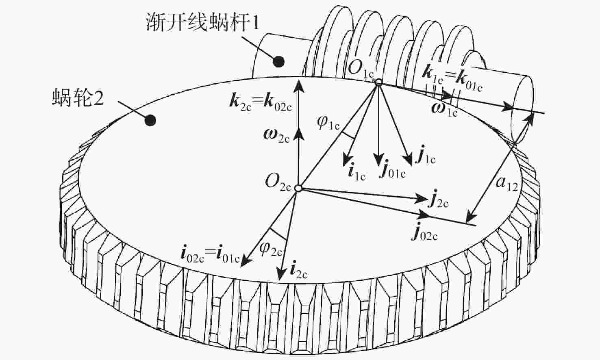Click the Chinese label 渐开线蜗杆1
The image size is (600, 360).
tap(203, 22)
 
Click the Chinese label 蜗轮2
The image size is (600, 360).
tap(78, 98)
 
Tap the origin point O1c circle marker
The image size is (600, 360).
tap(378, 82)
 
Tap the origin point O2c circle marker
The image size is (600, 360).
tap(298, 188)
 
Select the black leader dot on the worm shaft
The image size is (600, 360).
tap(278, 62)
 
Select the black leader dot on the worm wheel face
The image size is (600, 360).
tap(150, 120)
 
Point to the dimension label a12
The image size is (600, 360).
tap(506, 184)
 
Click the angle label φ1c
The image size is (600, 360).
tap(328, 123)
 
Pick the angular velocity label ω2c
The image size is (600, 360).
tap(276, 136)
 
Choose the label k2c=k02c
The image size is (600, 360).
tap(261, 103)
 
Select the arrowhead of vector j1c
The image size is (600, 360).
tap(409, 160)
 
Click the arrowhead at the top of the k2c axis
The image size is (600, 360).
tap(299, 86)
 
